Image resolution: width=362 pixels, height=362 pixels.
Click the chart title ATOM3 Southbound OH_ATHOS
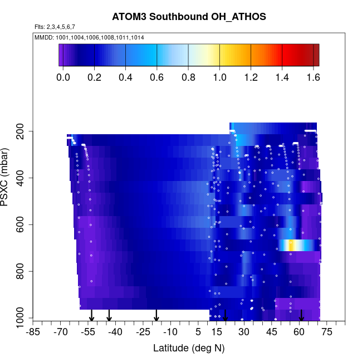coord(189,17)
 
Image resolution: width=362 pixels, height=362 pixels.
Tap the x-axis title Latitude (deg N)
coord(189,348)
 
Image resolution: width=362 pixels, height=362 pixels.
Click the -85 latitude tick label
coord(33,332)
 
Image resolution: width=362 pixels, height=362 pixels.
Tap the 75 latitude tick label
coord(326,332)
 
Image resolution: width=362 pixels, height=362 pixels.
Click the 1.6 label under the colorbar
coord(313,77)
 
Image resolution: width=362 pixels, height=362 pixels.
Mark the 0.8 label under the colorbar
coord(188,77)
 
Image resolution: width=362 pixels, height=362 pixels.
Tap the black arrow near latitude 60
coord(301,316)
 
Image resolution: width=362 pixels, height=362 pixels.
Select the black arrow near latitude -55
coord(92,316)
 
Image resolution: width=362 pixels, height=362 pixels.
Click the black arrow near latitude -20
coord(156,316)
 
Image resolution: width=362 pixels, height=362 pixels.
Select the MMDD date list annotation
coord(89,37)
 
